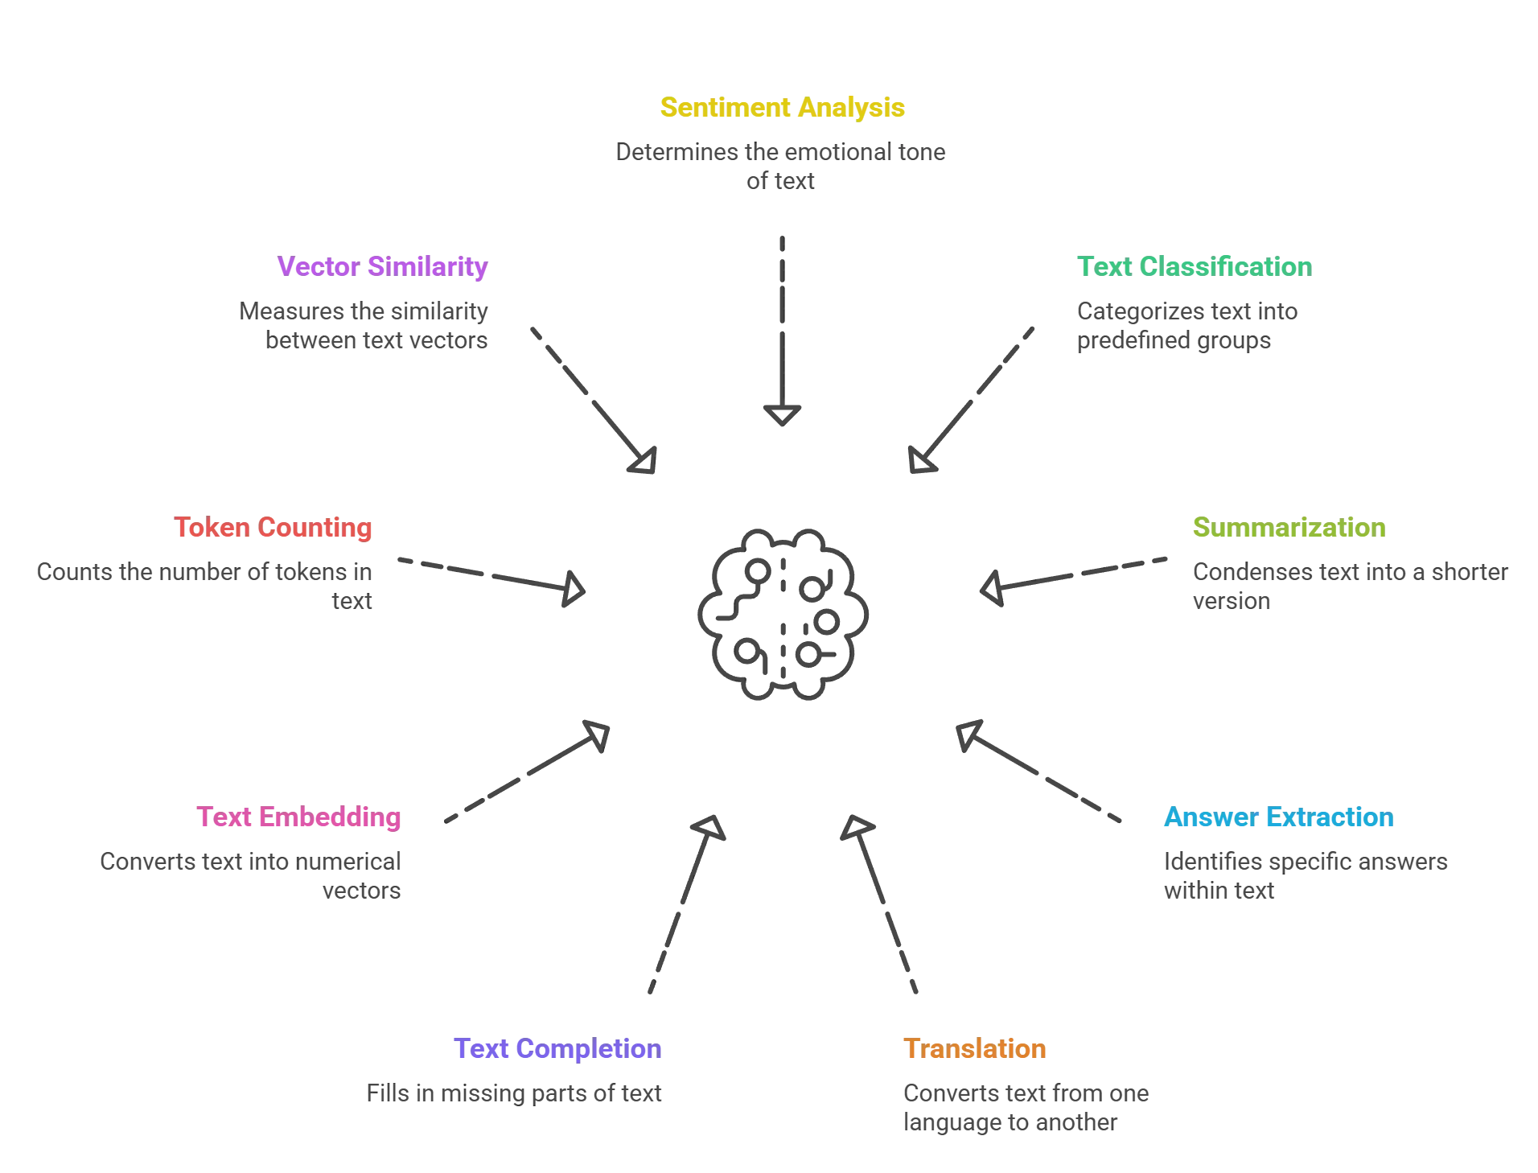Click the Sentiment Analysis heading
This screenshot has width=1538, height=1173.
(782, 109)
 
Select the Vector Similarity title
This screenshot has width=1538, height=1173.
(382, 266)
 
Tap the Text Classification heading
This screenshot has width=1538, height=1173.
(1194, 266)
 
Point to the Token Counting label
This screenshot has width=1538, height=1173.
(273, 529)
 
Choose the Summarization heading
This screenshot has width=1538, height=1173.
(1289, 529)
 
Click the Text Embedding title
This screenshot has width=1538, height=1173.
(298, 818)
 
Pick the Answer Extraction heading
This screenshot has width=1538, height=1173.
(1279, 818)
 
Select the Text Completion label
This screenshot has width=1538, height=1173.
(558, 1050)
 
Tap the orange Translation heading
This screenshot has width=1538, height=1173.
(975, 1050)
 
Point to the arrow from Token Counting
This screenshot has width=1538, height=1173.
(491, 576)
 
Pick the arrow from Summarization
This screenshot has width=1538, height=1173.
(1070, 576)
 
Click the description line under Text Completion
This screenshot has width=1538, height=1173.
(515, 1096)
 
